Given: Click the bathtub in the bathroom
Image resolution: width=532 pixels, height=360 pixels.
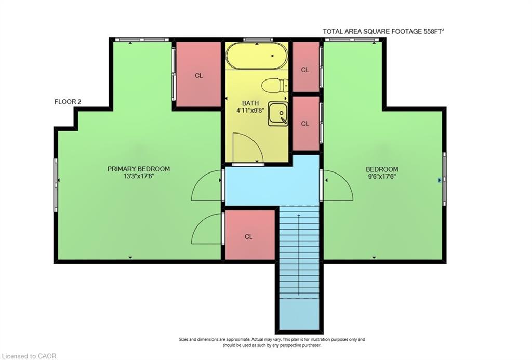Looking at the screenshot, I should pos(257,56).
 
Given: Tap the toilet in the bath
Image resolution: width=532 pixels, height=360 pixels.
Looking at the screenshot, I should pos(274,85).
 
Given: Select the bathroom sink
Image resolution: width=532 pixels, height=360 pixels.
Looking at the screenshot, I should pos(277,114).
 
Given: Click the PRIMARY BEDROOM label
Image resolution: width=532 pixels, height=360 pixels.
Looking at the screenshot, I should pos(138,169).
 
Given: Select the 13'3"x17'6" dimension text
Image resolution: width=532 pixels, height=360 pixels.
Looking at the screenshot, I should pos(138,176).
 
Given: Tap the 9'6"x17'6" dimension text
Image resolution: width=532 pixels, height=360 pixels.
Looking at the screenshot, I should pos(382,177).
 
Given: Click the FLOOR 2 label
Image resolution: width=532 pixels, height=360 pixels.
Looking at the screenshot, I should pos(68,102).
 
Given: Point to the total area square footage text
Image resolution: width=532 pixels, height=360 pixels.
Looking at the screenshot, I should pos(383,32).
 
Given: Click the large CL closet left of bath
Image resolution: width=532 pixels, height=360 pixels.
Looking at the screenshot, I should pos(198,75).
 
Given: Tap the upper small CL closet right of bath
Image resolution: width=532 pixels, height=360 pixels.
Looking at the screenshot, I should pos(305,69).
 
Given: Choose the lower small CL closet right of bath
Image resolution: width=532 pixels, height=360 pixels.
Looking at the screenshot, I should pos(305,123).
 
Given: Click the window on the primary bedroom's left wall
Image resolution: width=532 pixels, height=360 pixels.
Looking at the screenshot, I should pos(56,185).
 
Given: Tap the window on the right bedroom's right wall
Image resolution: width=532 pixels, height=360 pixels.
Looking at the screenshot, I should pos(444,178).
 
